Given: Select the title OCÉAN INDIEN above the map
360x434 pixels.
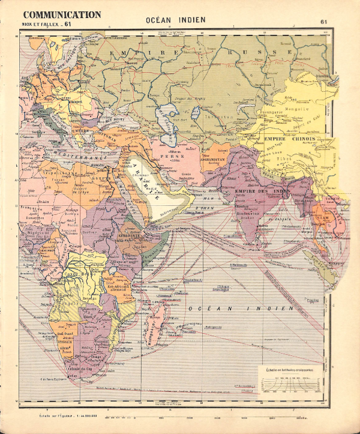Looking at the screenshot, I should click(x=175, y=20).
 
